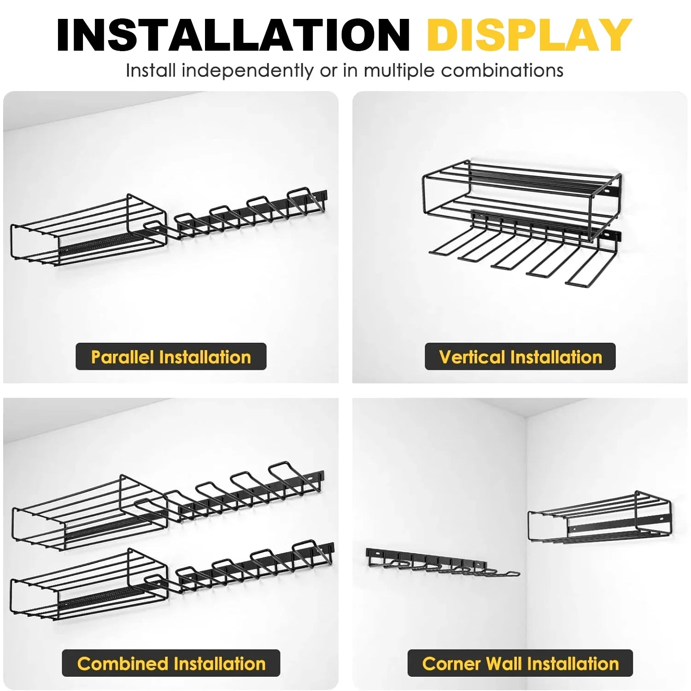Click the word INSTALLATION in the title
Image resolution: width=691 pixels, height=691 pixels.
(x=234, y=35)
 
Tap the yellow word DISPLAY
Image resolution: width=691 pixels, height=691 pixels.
(x=529, y=35)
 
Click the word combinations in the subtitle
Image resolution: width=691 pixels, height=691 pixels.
(x=502, y=70)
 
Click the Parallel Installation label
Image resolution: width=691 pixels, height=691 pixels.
(x=171, y=357)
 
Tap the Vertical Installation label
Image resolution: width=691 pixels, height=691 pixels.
(x=520, y=357)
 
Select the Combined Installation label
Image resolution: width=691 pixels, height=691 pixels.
(x=171, y=663)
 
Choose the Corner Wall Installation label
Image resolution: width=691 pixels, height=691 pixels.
(x=520, y=663)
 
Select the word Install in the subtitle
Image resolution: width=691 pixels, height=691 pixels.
(x=151, y=70)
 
